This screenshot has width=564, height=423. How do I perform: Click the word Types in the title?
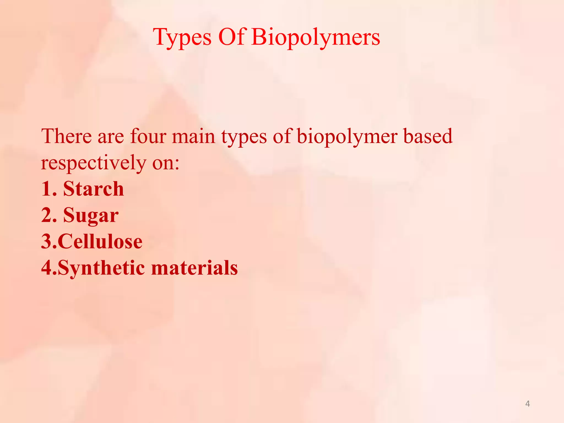click(182, 37)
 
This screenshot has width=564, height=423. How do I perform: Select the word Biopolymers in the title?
click(316, 37)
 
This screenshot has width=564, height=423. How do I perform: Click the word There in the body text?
click(66, 136)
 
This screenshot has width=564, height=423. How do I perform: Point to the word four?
click(148, 136)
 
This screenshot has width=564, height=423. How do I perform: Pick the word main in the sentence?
click(193, 137)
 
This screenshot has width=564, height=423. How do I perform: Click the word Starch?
click(93, 189)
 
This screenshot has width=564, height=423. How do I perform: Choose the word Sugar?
click(91, 215)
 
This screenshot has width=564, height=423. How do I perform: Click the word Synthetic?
click(101, 268)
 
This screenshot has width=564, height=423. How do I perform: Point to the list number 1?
click(46, 189)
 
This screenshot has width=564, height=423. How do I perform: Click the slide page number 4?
click(527, 404)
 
